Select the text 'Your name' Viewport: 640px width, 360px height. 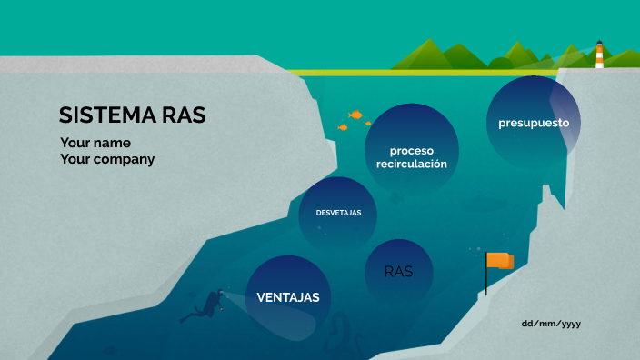point(95,143)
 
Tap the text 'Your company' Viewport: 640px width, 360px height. point(107,159)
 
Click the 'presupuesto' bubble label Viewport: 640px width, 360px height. point(533,122)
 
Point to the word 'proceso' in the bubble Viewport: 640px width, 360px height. point(412,150)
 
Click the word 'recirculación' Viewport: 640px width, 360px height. point(412,165)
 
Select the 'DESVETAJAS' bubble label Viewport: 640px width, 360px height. point(338,213)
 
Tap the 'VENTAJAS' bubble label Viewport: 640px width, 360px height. point(288,297)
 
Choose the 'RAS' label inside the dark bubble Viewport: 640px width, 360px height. point(398,271)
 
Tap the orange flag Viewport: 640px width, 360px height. point(501,261)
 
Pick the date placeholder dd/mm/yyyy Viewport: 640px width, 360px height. point(551,324)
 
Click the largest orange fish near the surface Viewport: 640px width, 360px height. point(355,115)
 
